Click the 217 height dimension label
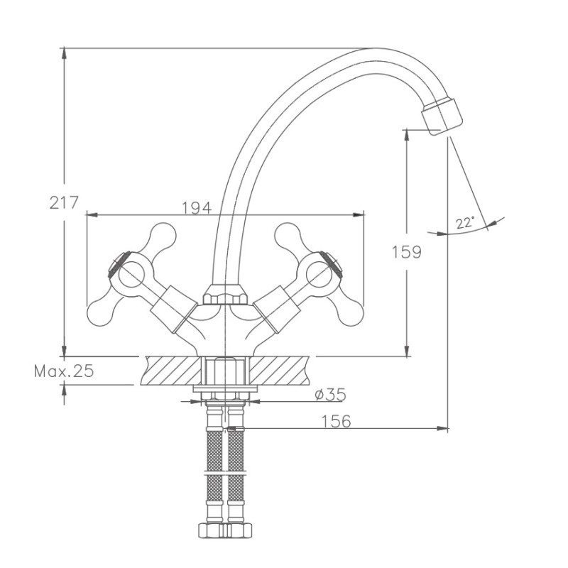tap(64, 202)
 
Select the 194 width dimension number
tap(197, 208)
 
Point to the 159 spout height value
tap(407, 252)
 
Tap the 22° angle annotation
tap(465, 223)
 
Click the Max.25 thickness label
tap(64, 371)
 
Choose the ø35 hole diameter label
tap(330, 395)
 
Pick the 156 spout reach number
tap(336, 421)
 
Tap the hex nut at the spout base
tap(224, 295)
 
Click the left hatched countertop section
tap(171, 370)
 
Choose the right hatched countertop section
tap(280, 370)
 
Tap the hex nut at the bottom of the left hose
tap(212, 530)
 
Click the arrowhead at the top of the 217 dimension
tap(64, 53)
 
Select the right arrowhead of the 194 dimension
tap(359, 215)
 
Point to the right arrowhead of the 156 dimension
tap(442, 429)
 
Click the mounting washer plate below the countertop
tap(225, 388)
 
